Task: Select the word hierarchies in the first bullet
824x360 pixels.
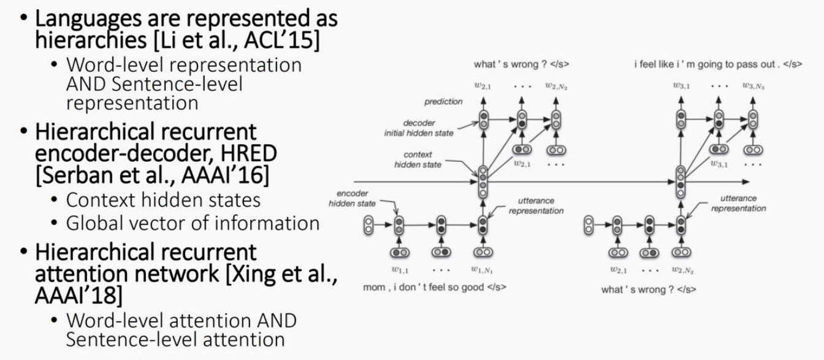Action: point(74,41)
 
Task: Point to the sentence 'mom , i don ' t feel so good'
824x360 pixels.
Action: point(416,287)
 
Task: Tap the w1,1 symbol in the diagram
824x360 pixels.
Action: point(399,269)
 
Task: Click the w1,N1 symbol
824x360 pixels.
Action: point(483,269)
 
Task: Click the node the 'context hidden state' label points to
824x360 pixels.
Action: point(483,181)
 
